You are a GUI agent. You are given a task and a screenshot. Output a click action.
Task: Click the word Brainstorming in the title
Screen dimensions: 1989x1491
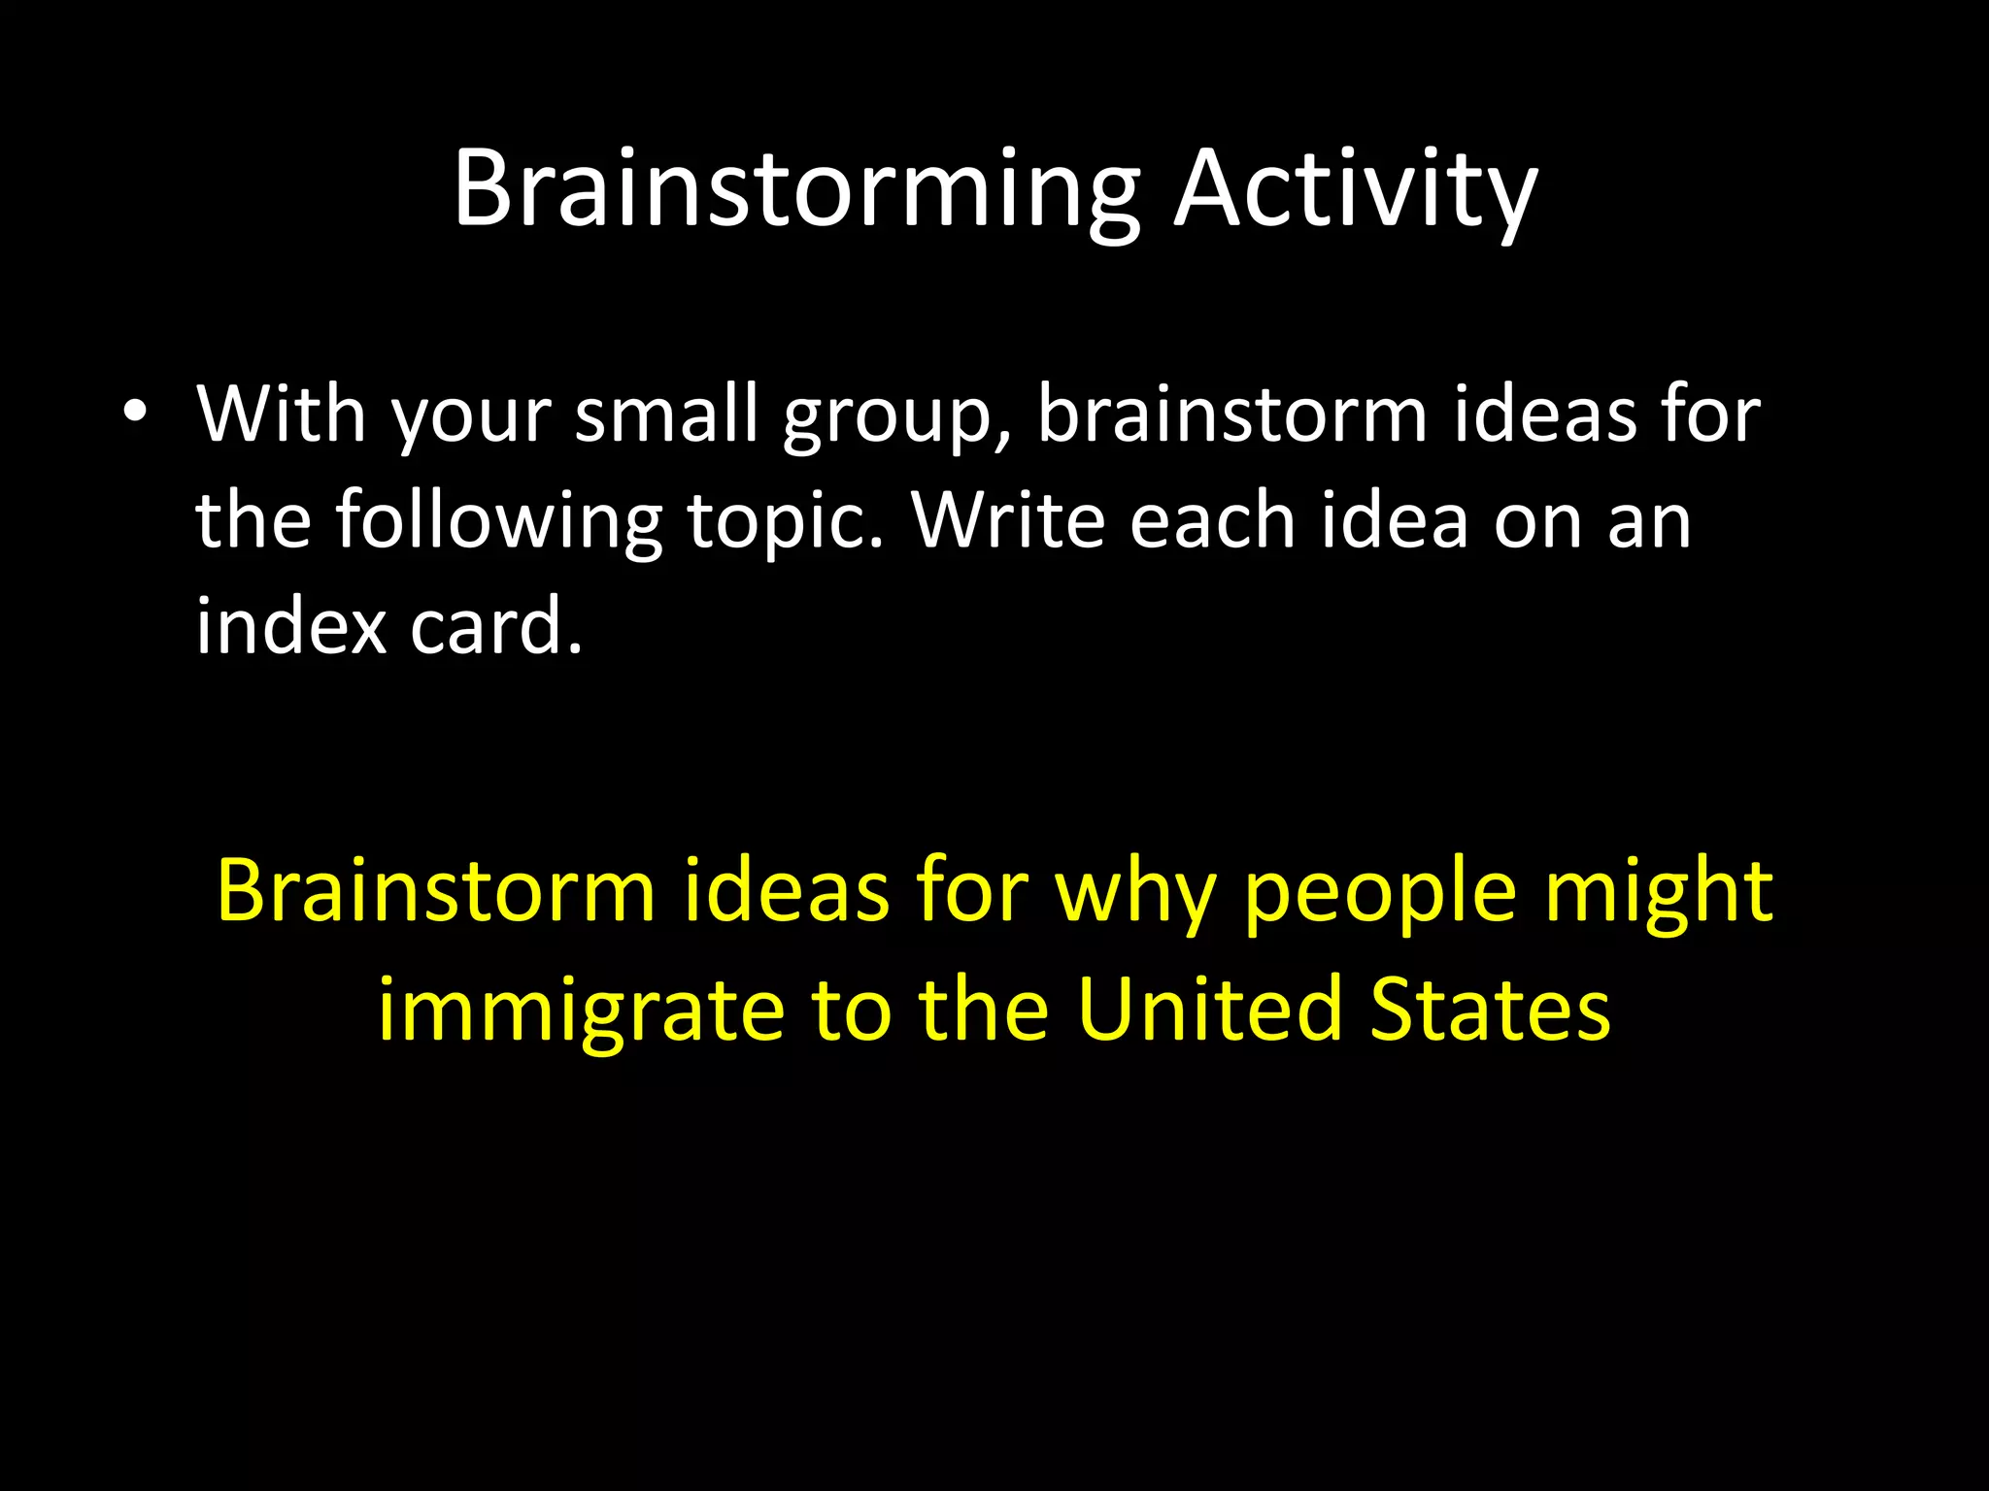(796, 192)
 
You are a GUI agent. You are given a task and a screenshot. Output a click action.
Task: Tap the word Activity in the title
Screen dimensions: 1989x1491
(1357, 192)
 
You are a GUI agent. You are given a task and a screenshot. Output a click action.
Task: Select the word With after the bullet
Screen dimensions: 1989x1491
(282, 414)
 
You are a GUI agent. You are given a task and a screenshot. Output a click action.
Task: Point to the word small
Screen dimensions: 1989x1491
(666, 414)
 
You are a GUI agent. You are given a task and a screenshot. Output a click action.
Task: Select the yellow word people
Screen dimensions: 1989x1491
(1380, 898)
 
